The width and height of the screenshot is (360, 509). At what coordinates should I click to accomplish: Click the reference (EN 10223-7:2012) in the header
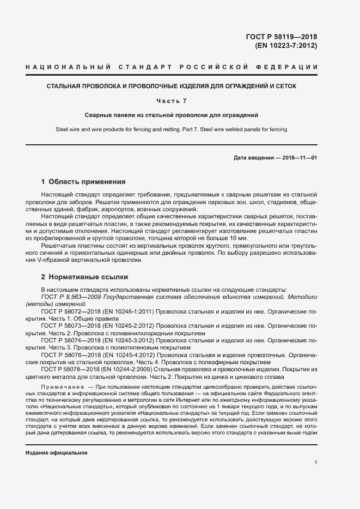pyautogui.click(x=285, y=46)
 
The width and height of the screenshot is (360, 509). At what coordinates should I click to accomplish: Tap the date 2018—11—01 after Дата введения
pyautogui.click(x=298, y=158)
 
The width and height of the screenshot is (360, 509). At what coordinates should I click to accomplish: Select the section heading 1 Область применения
pyautogui.click(x=83, y=182)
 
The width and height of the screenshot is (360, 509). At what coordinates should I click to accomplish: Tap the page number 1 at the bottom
pyautogui.click(x=315, y=463)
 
